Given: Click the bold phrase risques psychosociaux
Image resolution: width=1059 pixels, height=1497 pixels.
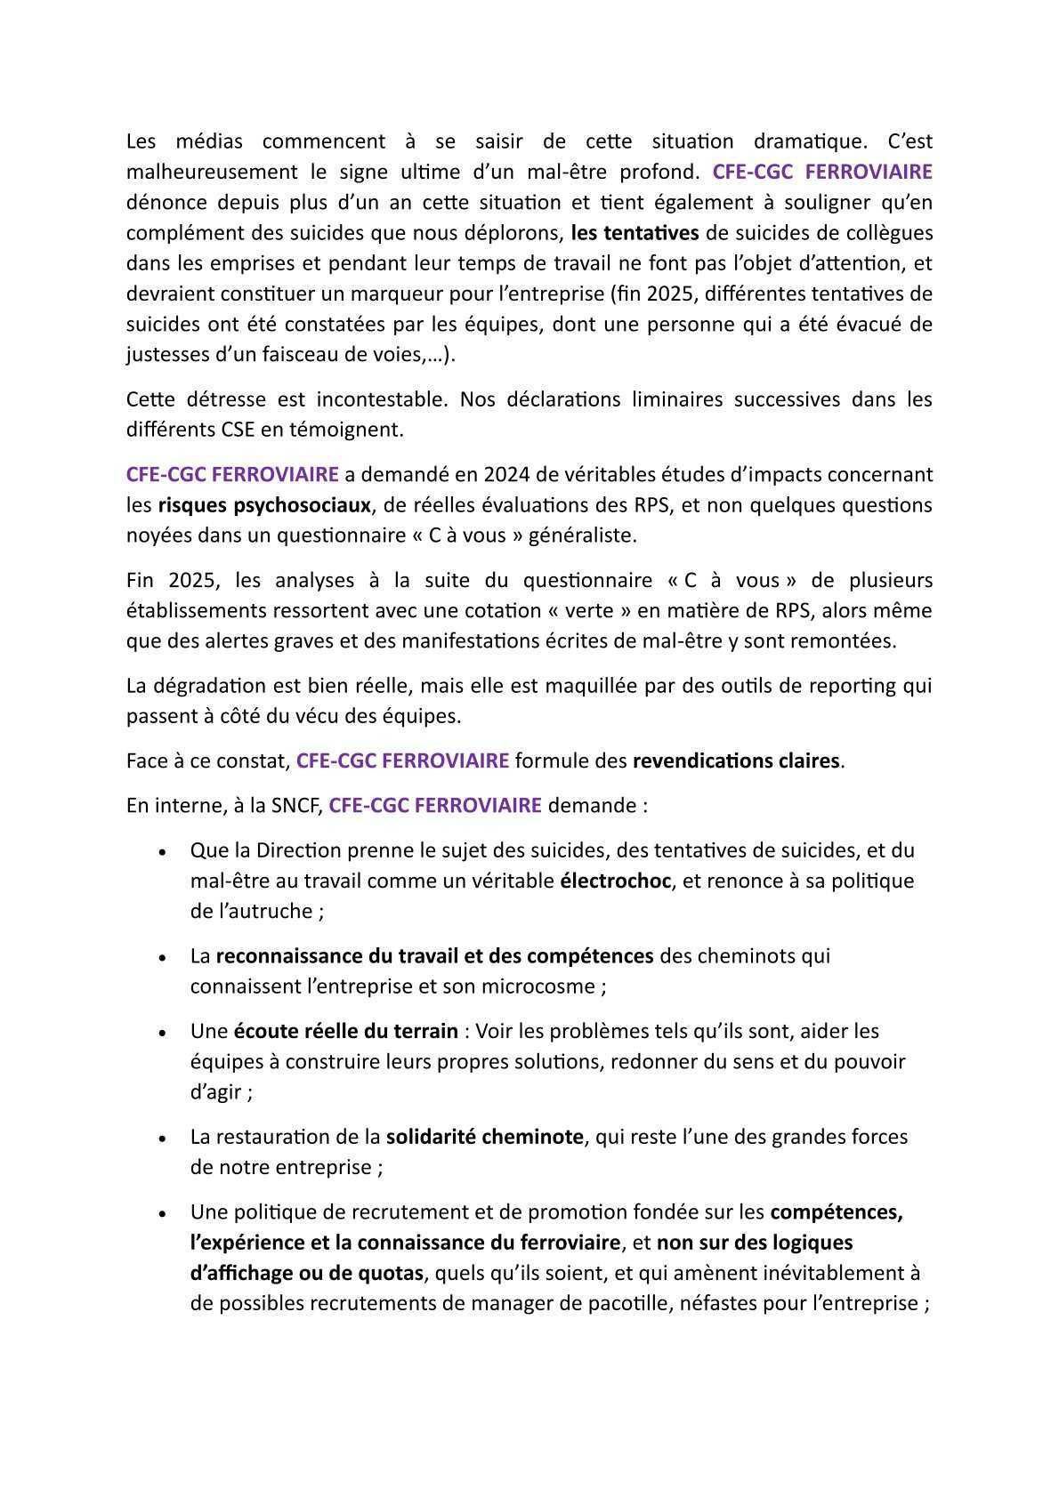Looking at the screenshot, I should pos(264,505).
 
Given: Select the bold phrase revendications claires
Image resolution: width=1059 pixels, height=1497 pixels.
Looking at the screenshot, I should pos(736,761).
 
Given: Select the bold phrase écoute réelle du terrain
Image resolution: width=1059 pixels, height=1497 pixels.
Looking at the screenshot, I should pos(345,1032).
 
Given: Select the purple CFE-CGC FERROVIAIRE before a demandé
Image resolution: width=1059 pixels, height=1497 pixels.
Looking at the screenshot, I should pos(232,475).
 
